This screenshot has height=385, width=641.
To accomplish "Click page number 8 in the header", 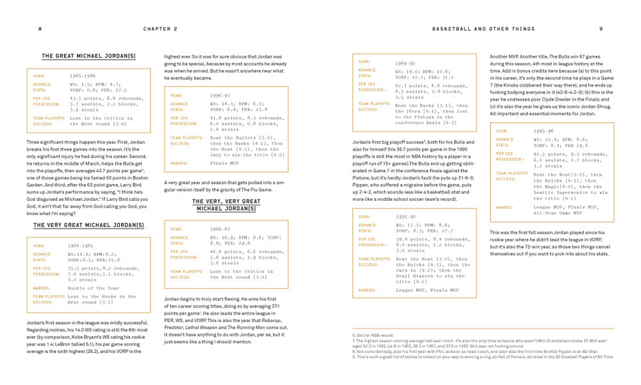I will point(40,29).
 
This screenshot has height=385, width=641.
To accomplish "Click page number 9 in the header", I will point(601,29).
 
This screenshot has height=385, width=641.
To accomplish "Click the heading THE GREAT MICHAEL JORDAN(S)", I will point(88,56).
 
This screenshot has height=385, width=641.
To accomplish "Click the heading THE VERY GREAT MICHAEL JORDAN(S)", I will point(88,225).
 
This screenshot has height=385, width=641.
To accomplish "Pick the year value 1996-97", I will point(221,95).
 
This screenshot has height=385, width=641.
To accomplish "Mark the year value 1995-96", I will point(545,132).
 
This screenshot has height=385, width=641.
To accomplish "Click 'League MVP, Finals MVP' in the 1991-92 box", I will point(427,290).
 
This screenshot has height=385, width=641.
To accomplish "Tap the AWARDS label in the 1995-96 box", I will point(504,207).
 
